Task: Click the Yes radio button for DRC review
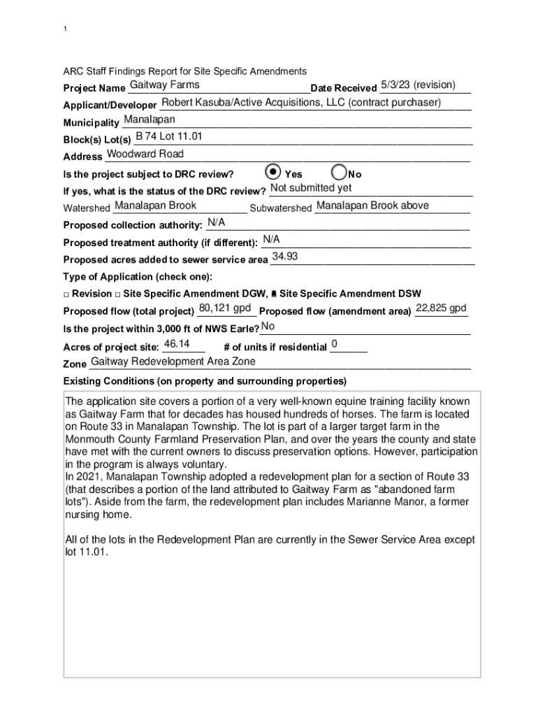tap(274, 172)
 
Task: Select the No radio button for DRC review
tap(338, 172)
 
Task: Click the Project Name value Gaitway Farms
tap(165, 85)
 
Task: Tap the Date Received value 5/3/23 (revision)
tap(418, 85)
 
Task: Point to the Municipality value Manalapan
tap(150, 120)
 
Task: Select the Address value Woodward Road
tap(145, 154)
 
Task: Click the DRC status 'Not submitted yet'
tap(311, 188)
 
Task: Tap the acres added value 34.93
tap(285, 257)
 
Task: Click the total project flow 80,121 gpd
tap(225, 308)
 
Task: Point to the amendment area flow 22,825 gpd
tap(441, 308)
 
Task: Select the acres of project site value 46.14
tap(176, 344)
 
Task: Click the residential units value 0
tap(335, 344)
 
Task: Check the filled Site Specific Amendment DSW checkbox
tap(273, 294)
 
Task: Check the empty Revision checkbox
tap(66, 294)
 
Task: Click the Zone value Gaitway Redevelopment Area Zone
tap(173, 361)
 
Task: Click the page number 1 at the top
tap(65, 29)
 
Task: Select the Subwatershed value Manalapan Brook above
tap(372, 206)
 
